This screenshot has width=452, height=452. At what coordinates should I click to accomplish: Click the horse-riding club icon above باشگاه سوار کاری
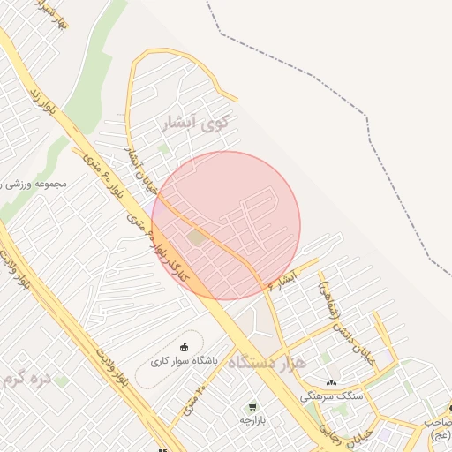[184, 346]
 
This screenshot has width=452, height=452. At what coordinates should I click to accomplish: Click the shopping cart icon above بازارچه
[252, 407]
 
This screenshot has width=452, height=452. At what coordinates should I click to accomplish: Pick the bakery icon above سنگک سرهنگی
[331, 383]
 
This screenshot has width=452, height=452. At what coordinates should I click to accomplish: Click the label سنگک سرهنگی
[332, 396]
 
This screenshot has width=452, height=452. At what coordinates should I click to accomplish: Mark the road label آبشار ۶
[283, 280]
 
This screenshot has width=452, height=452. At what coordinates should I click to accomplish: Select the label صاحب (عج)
[438, 428]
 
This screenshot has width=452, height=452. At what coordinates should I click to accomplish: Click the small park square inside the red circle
[196, 237]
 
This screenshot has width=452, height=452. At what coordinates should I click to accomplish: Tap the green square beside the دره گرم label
[62, 380]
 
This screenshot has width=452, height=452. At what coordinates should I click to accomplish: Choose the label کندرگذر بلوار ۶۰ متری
[169, 251]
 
